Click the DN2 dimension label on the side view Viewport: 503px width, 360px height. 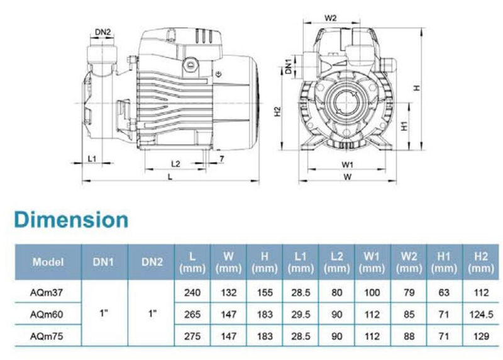(x=102, y=32)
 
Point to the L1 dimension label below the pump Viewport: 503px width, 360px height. (x=92, y=159)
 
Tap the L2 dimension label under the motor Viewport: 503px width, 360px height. (x=175, y=164)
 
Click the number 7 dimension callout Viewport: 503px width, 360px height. (x=222, y=159)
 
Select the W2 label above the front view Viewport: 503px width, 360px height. (x=331, y=18)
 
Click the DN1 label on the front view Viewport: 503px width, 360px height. (x=289, y=67)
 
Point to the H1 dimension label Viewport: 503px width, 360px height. (x=404, y=126)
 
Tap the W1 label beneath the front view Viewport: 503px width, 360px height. (x=347, y=165)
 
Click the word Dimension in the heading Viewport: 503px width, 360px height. (x=71, y=220)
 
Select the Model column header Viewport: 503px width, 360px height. (x=48, y=262)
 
